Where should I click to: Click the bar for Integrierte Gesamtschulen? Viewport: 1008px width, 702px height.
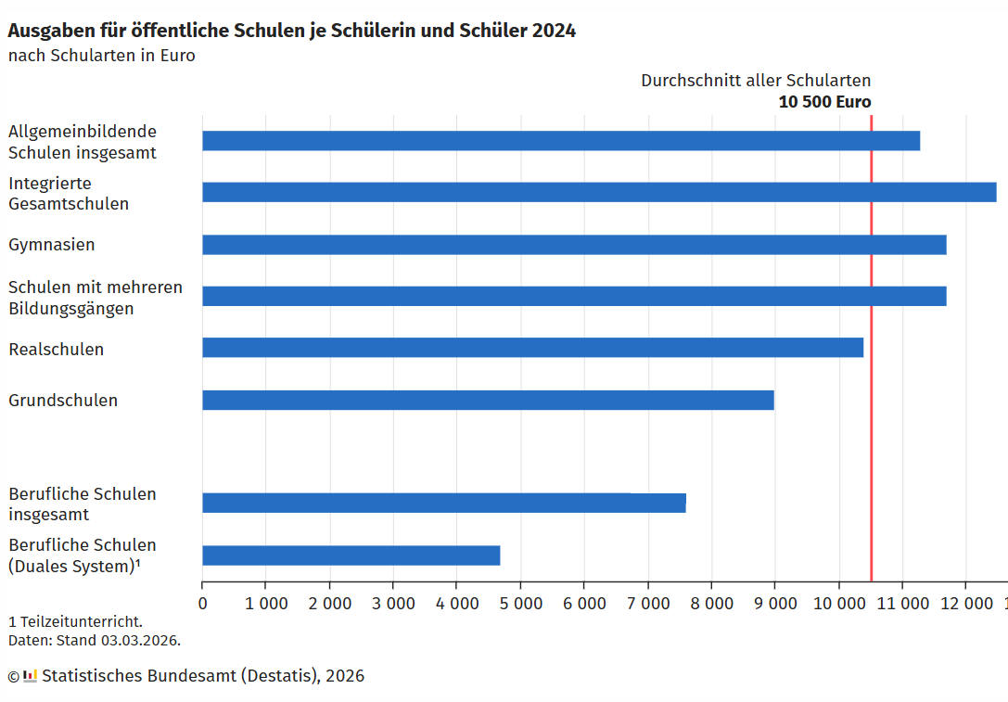click(599, 192)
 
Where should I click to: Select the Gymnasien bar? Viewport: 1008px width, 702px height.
click(574, 245)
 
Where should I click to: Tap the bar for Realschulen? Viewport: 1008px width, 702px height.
click(532, 348)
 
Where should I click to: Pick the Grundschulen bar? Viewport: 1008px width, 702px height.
click(488, 400)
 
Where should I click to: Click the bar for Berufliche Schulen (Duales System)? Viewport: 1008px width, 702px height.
click(351, 555)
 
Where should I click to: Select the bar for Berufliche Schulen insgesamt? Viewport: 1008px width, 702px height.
click(443, 503)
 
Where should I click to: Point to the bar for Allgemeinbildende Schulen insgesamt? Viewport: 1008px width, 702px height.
click(561, 140)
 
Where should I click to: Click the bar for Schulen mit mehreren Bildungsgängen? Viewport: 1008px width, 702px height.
click(574, 296)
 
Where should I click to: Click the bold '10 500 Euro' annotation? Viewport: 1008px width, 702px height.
click(824, 102)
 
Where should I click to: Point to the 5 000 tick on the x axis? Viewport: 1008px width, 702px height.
click(519, 602)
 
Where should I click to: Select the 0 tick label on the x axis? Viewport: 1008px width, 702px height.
click(202, 602)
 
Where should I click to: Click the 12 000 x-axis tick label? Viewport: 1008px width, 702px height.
click(965, 602)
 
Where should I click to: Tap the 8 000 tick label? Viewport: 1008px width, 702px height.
click(710, 602)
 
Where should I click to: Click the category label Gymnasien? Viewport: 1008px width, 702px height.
click(52, 245)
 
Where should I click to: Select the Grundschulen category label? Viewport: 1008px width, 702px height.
click(63, 401)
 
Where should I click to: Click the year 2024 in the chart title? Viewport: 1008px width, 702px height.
click(554, 31)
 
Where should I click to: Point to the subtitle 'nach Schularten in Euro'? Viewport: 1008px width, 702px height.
click(102, 56)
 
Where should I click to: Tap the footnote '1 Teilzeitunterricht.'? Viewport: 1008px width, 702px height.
click(75, 621)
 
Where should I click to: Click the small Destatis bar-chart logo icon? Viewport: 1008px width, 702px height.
click(30, 675)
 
